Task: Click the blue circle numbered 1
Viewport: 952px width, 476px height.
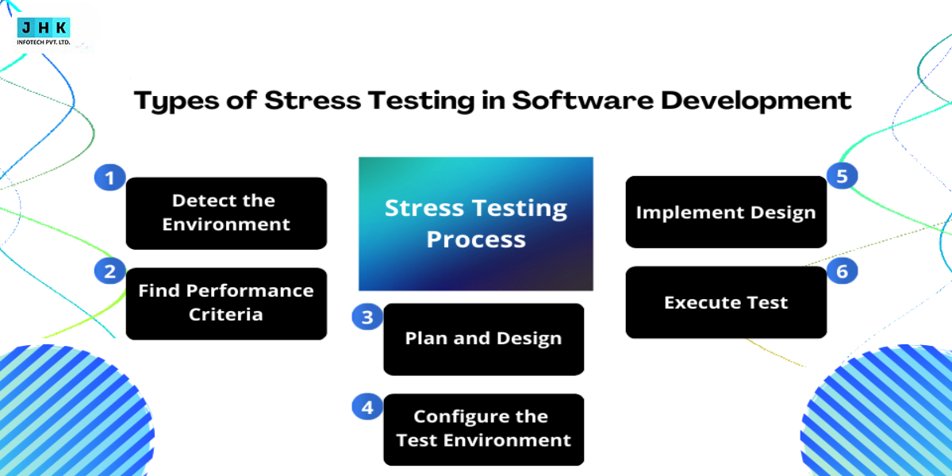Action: [109, 178]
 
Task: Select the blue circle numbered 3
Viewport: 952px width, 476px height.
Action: [367, 317]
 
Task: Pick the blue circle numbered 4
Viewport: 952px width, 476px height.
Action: [367, 407]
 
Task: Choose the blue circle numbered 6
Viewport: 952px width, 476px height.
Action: [842, 271]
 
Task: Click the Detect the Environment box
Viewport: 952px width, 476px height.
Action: [226, 213]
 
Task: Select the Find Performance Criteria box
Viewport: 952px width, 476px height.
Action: [226, 303]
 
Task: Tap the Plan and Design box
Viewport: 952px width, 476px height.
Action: [483, 339]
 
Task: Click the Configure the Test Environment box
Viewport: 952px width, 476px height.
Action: [483, 429]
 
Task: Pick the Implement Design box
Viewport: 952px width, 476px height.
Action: [726, 213]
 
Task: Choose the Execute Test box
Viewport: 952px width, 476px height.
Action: [726, 302]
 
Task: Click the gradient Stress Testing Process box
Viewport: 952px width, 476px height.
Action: [476, 224]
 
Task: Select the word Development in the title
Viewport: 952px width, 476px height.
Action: [762, 102]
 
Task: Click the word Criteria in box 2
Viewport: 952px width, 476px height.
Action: [226, 315]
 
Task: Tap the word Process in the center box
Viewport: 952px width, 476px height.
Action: [476, 239]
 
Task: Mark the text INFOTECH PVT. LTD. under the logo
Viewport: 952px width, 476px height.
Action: [44, 41]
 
